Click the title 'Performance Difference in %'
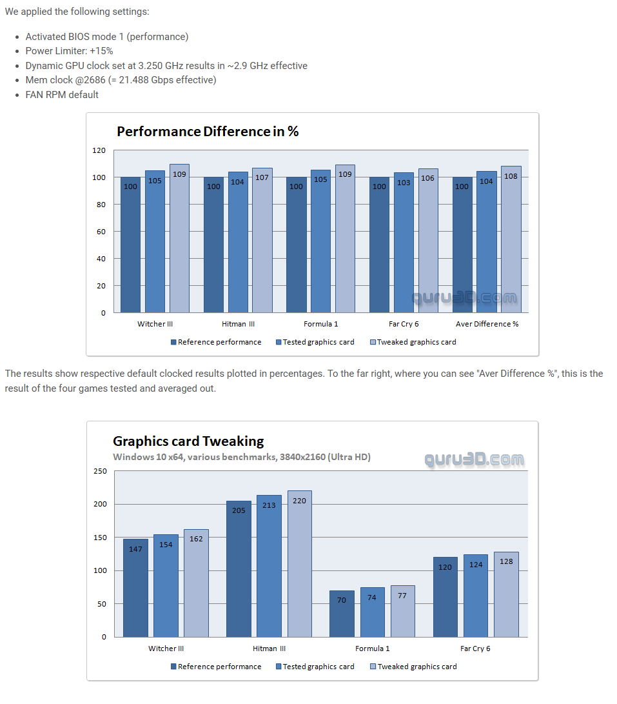click(207, 132)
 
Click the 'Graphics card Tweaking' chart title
click(188, 441)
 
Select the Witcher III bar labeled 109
click(180, 239)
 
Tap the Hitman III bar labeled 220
click(300, 564)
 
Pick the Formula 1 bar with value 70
click(342, 614)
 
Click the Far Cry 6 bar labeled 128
click(506, 594)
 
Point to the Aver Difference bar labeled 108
click(511, 239)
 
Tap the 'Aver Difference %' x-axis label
click(487, 324)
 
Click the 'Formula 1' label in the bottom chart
click(373, 649)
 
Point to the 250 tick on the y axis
click(100, 471)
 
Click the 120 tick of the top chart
click(99, 150)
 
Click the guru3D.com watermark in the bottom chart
click(474, 459)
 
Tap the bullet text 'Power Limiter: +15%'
click(69, 51)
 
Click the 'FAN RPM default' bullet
click(62, 95)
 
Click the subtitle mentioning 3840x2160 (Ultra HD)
click(242, 457)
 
